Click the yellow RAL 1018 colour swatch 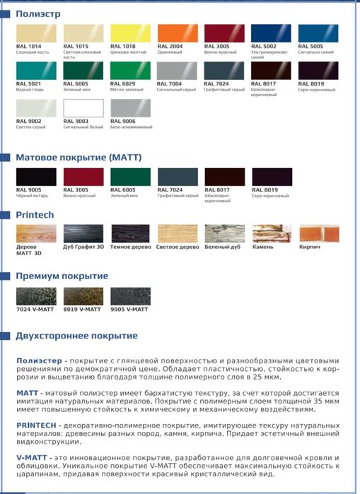(131, 33)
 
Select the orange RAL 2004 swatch (178, 33)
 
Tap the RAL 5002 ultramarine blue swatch (272, 33)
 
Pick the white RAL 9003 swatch (83, 108)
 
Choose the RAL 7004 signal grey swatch (178, 71)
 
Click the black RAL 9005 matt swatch (36, 177)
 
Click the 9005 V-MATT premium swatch (131, 295)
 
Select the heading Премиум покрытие (62, 276)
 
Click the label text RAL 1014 (28, 47)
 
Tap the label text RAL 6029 (122, 84)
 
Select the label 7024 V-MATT (35, 310)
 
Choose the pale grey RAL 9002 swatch (36, 108)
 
